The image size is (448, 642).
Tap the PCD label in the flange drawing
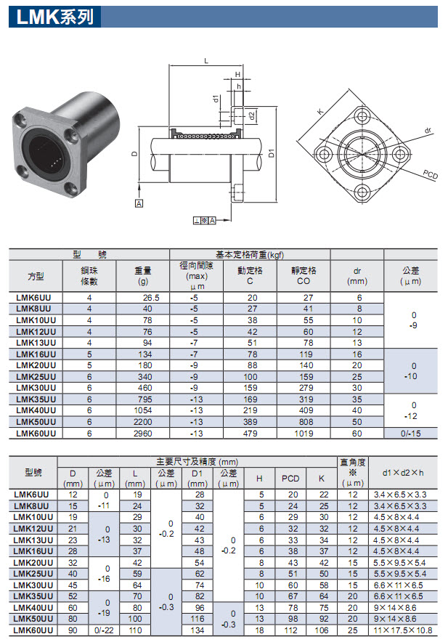[430, 174]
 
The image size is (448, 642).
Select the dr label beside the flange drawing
[428, 131]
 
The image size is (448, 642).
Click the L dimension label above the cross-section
[206, 62]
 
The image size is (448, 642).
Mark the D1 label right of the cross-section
[271, 153]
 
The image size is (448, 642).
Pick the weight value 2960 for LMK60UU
[147, 433]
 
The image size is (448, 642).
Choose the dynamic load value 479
[251, 433]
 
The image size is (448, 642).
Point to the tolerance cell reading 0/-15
[411, 433]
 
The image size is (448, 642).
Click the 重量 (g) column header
[142, 276]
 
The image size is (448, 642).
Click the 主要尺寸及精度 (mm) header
[197, 462]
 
